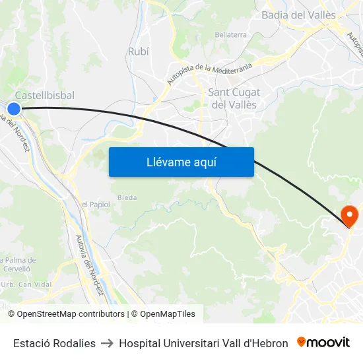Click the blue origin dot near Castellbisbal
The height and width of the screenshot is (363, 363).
click(14, 108)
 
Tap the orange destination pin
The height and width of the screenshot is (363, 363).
click(348, 216)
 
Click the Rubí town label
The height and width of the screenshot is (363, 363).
click(138, 51)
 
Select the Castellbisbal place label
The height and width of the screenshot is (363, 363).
click(44, 95)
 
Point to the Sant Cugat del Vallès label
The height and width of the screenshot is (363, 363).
click(234, 98)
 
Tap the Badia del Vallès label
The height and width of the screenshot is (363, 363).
click(298, 15)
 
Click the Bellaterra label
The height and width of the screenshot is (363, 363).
click(230, 34)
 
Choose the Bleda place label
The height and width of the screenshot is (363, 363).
click(127, 197)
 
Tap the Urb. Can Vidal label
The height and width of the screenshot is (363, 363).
click(27, 284)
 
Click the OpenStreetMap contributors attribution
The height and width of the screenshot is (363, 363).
click(71, 314)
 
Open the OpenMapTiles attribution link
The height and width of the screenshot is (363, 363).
click(168, 314)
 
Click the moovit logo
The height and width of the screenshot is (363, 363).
click(323, 343)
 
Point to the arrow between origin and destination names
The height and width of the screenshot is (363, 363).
click(107, 343)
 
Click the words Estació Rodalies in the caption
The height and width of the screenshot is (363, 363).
click(54, 343)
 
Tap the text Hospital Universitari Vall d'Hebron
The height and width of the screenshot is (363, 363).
click(203, 343)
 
